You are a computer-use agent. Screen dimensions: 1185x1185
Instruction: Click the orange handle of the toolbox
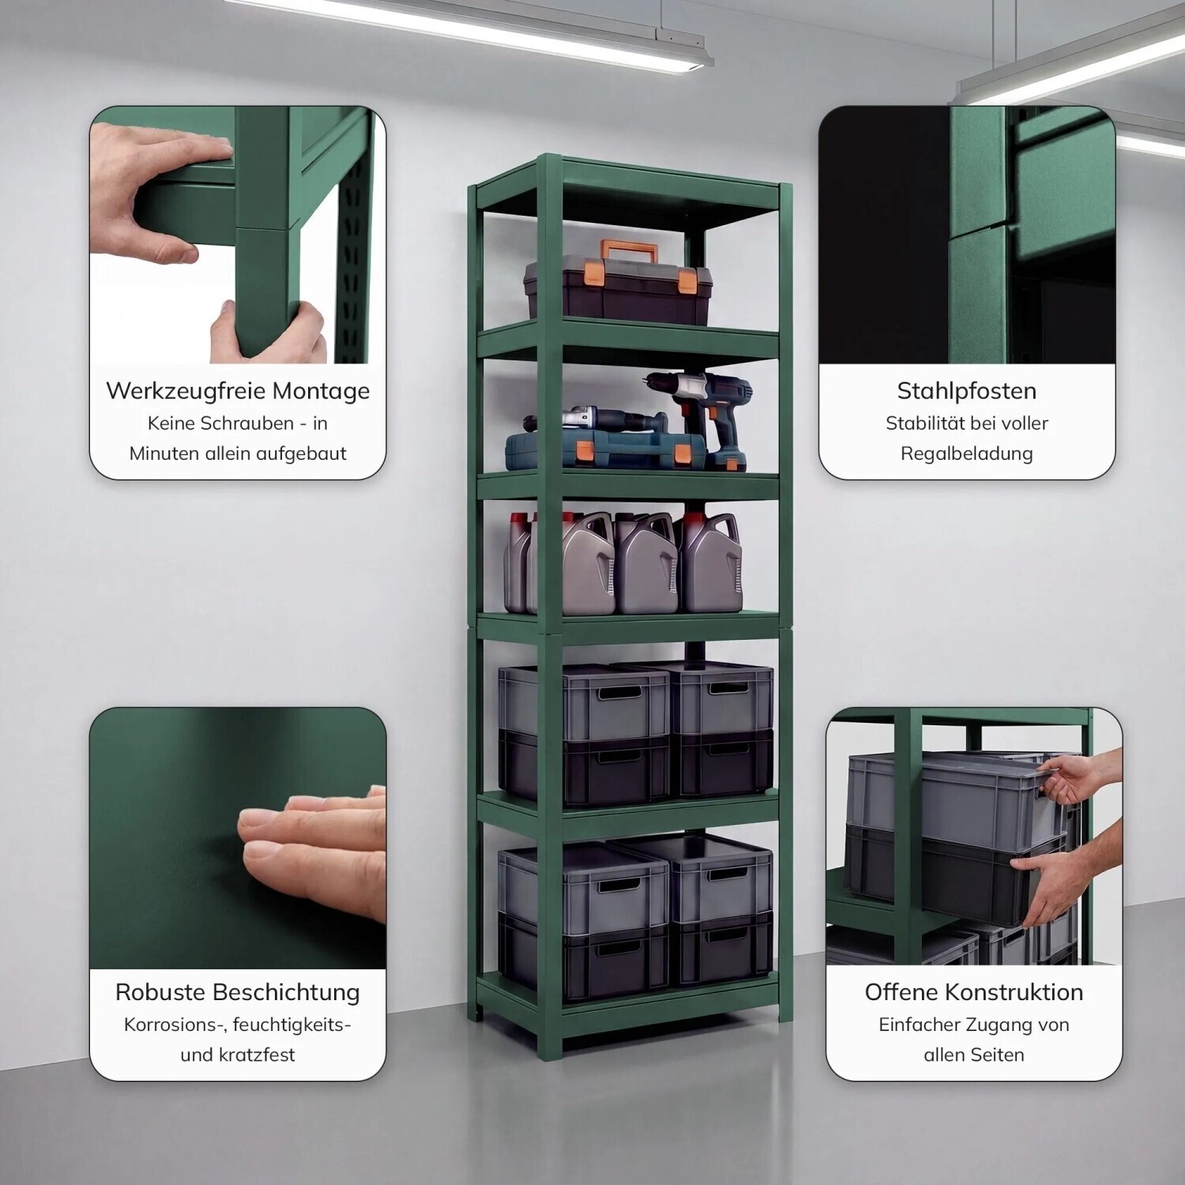click(x=629, y=252)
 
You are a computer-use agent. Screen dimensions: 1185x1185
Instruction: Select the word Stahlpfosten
click(x=967, y=391)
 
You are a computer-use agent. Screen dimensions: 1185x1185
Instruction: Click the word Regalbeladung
click(x=967, y=454)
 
